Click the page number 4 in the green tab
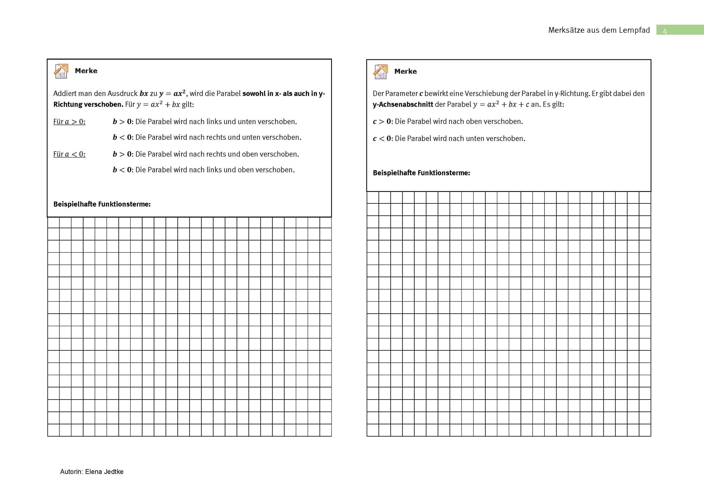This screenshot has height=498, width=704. (x=664, y=31)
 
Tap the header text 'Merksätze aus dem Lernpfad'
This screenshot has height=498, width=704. (x=599, y=30)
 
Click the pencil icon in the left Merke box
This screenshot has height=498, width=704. (x=61, y=71)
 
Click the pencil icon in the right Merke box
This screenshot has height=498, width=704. (x=381, y=72)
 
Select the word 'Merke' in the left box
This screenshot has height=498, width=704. (x=86, y=71)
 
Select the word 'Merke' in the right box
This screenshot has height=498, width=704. (x=405, y=71)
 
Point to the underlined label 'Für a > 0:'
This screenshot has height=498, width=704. (x=69, y=122)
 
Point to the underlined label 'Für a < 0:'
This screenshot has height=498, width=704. (x=69, y=154)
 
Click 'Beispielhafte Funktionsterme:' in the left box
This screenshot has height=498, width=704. (x=102, y=204)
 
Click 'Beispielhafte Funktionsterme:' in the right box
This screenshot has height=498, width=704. (x=421, y=173)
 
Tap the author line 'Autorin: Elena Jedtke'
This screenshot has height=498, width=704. (x=92, y=472)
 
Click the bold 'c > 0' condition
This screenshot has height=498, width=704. (x=382, y=122)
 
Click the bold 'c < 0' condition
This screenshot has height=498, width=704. (x=382, y=139)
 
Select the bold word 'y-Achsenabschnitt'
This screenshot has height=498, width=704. (x=403, y=104)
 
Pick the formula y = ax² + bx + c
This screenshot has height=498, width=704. (x=501, y=104)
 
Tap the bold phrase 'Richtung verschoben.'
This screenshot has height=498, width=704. (x=88, y=104)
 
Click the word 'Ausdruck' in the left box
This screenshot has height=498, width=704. (x=122, y=93)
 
